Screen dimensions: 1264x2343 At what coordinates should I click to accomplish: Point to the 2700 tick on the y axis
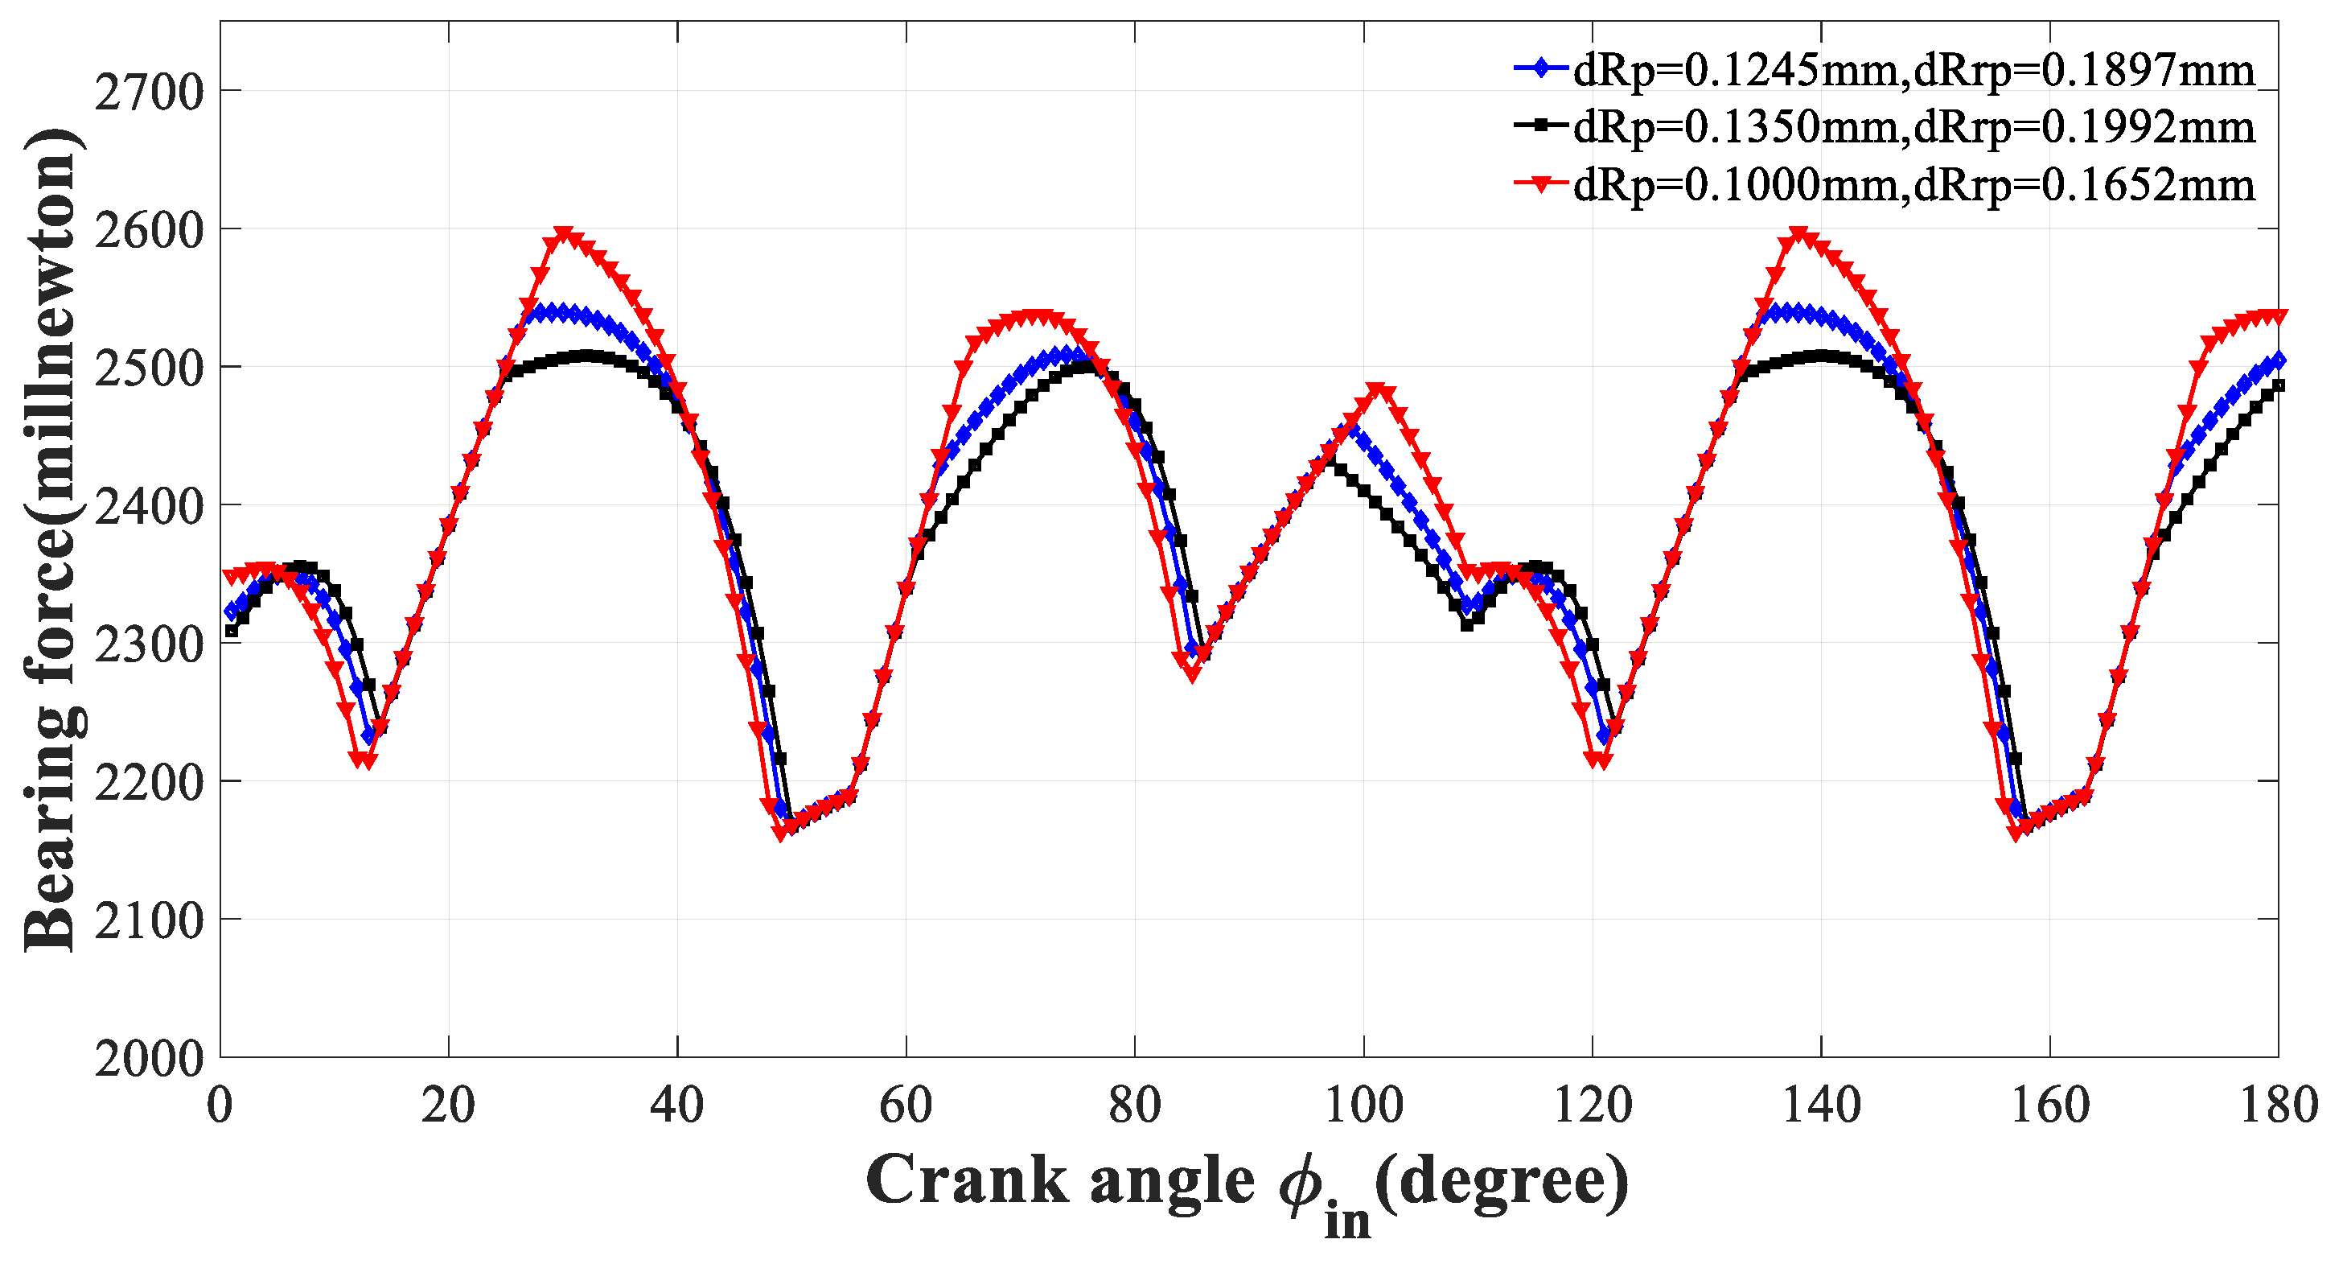pyautogui.click(x=150, y=92)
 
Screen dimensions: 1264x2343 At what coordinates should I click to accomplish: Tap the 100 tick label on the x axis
pyautogui.click(x=1363, y=1106)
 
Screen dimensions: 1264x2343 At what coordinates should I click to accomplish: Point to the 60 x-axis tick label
pyautogui.click(x=906, y=1106)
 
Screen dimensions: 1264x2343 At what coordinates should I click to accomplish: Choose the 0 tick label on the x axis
pyautogui.click(x=220, y=1106)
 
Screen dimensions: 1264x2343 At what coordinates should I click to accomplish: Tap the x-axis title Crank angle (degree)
pyautogui.click(x=1247, y=1183)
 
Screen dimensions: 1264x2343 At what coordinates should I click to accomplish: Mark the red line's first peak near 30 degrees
pyautogui.click(x=564, y=234)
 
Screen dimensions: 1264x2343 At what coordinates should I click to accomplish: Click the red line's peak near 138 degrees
pyautogui.click(x=1798, y=234)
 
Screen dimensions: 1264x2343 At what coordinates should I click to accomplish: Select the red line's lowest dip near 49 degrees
pyautogui.click(x=780, y=833)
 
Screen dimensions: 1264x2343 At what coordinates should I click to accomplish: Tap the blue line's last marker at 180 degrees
pyautogui.click(x=2278, y=360)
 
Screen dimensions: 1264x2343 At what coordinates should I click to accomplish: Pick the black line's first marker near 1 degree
pyautogui.click(x=232, y=631)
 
